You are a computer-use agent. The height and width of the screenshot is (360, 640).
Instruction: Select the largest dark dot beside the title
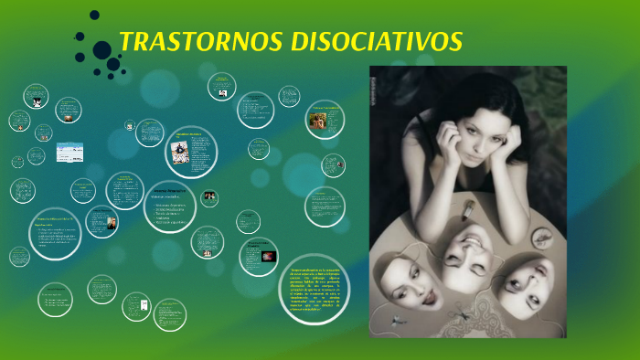(x=102, y=51)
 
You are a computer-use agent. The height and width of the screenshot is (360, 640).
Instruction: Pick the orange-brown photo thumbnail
(x=321, y=122)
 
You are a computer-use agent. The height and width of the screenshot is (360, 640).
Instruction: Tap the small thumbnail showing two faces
(x=209, y=196)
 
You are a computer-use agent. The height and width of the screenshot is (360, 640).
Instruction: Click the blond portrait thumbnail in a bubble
(x=111, y=223)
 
